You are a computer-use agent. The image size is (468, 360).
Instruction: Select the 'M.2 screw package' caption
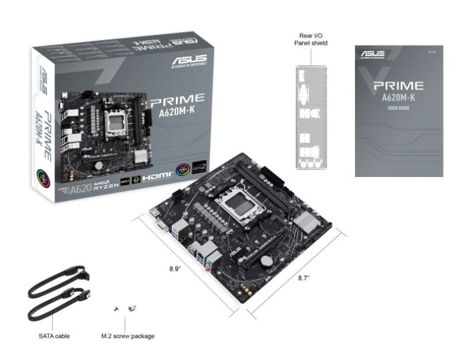tap(127, 335)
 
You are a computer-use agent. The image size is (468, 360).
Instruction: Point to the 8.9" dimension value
tap(176, 268)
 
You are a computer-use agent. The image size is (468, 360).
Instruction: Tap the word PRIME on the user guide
tap(398, 85)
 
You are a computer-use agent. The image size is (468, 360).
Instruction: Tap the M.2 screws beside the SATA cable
tap(126, 308)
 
